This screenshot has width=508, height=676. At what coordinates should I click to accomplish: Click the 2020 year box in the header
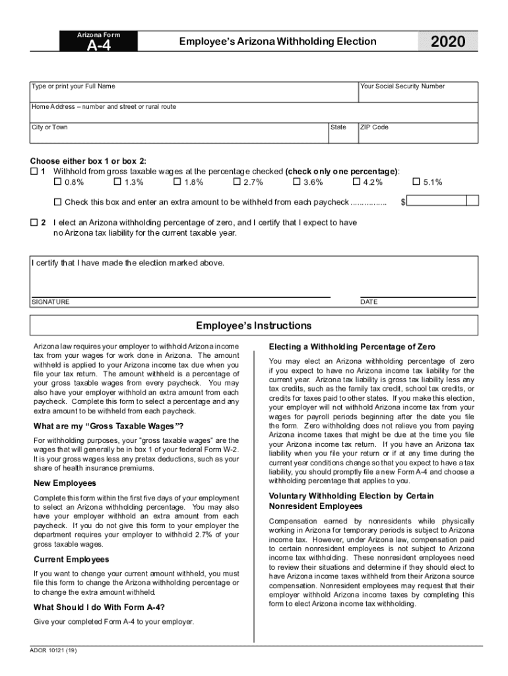pos(447,42)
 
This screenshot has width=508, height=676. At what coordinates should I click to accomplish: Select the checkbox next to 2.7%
pos(237,182)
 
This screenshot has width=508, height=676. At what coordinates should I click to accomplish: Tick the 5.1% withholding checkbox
pos(416,182)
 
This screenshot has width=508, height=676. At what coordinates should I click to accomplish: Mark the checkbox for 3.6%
pos(296,182)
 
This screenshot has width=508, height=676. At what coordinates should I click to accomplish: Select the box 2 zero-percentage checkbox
pos(34,223)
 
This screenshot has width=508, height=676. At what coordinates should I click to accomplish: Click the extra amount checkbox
pos(57,201)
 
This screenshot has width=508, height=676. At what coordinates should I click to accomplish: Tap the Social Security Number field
pos(417,95)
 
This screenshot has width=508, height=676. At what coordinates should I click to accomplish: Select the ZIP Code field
pos(417,135)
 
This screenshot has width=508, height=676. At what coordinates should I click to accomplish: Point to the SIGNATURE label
pos(50,302)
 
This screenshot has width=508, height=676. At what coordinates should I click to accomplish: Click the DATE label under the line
pos(369,302)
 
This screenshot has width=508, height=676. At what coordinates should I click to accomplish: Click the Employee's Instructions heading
pos(254,325)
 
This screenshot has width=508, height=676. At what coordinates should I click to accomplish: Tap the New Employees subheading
pos(65,483)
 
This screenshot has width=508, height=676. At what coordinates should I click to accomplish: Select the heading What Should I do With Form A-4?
pos(99,607)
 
